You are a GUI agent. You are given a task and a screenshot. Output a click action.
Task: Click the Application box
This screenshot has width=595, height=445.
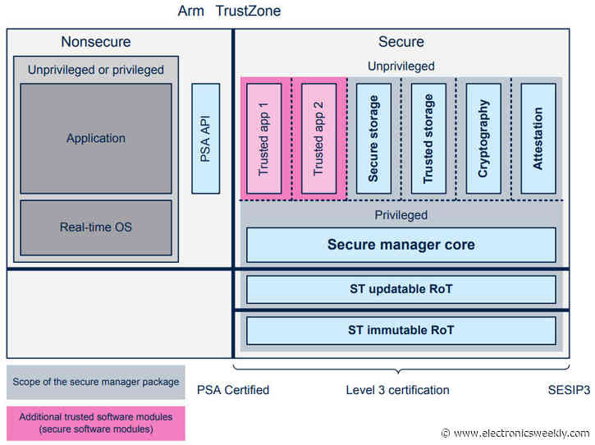[96, 138]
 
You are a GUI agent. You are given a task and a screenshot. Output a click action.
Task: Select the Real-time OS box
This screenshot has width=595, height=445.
[96, 227]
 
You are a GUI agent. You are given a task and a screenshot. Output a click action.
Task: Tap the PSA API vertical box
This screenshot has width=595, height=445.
[205, 138]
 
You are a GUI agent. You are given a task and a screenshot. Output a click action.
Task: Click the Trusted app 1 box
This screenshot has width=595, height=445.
[264, 138]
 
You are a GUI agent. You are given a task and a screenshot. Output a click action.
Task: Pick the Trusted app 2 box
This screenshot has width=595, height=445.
[318, 138]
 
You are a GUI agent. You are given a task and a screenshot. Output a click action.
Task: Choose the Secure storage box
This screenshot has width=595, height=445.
[373, 138]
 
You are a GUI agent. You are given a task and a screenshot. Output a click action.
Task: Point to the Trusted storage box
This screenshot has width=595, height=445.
[428, 138]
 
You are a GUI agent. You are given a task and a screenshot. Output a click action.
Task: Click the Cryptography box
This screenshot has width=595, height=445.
[483, 138]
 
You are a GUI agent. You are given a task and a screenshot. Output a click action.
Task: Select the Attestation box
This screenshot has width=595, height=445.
[538, 138]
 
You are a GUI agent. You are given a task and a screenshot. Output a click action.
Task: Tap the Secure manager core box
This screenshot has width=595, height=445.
[400, 245]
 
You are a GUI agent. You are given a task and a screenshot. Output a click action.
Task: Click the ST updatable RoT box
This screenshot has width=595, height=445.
[400, 289]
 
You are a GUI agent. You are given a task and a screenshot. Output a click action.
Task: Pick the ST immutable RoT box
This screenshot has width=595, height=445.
[400, 330]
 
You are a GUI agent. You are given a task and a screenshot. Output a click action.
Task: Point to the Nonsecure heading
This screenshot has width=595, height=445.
[95, 42]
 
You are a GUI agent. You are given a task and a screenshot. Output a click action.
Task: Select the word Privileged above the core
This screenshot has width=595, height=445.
[400, 214]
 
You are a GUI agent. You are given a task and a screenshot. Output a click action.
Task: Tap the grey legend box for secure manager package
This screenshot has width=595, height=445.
[96, 381]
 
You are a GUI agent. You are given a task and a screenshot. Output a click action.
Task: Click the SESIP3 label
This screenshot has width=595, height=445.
[569, 390]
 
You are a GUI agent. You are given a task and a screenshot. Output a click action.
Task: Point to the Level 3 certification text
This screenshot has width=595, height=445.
[397, 390]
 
